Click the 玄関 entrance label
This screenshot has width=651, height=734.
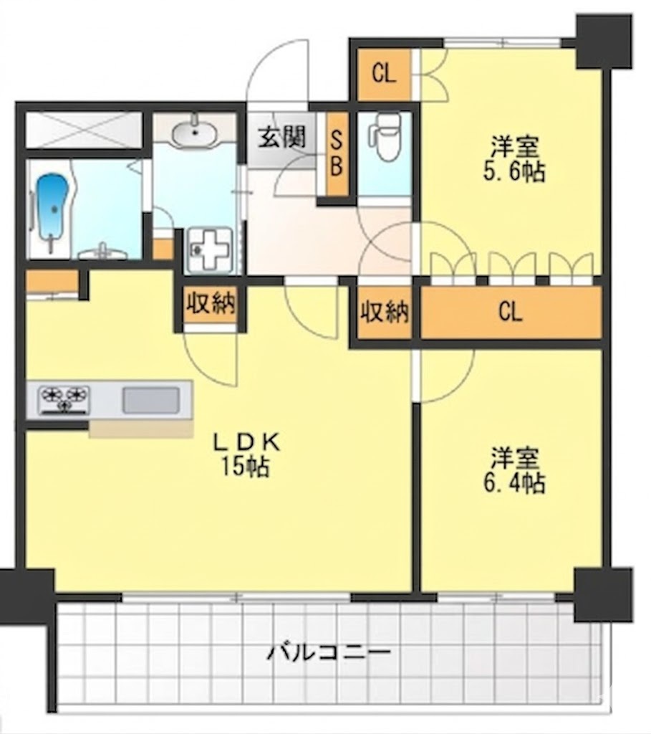[x=282, y=138]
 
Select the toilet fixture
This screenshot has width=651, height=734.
[x=385, y=136]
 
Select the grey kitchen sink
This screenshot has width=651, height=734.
[x=150, y=400]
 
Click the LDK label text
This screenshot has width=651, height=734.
[x=246, y=442]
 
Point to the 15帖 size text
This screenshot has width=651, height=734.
[x=245, y=467]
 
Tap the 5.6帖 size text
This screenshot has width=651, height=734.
[x=514, y=172]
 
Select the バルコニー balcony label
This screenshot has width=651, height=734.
[x=328, y=652]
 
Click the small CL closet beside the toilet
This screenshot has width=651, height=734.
[x=385, y=75]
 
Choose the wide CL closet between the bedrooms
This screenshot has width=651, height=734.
[x=511, y=312]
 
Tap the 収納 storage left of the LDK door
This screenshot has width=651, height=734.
[x=211, y=305]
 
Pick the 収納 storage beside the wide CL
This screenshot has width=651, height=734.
[x=385, y=312]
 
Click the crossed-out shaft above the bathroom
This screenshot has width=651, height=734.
[x=84, y=130]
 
